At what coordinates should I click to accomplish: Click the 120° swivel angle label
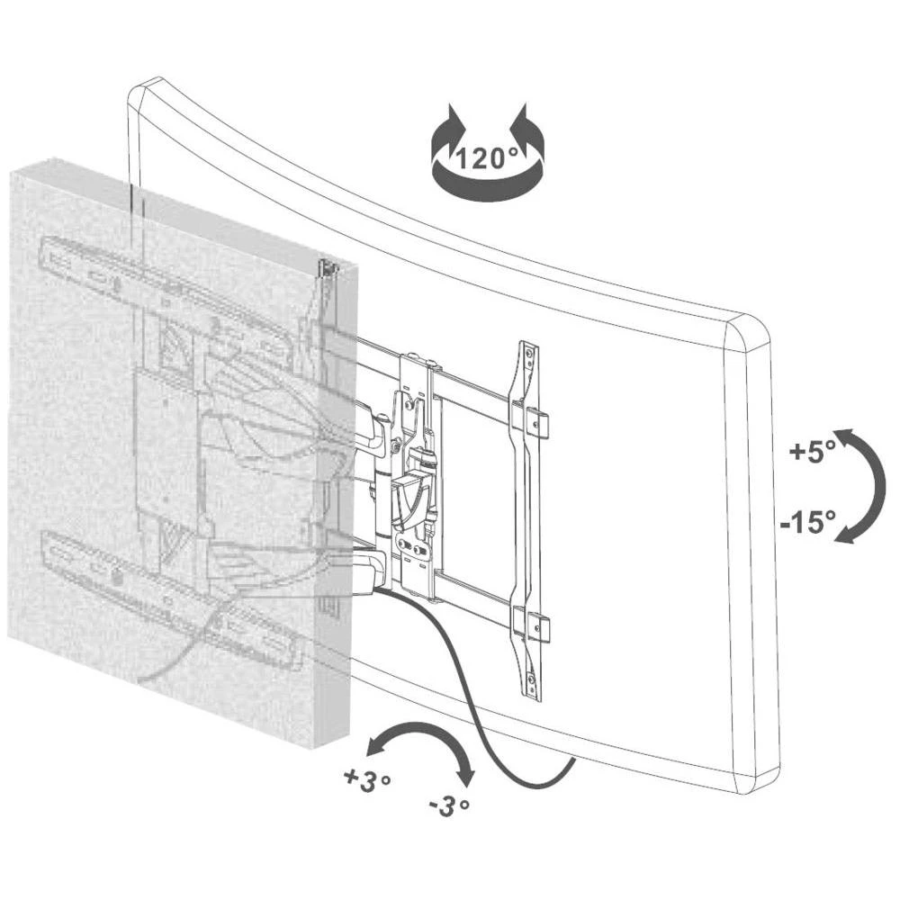tap(486, 159)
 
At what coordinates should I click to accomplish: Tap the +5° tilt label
tap(812, 453)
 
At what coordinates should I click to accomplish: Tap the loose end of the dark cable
tap(572, 760)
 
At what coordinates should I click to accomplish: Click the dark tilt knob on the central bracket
tap(409, 499)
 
